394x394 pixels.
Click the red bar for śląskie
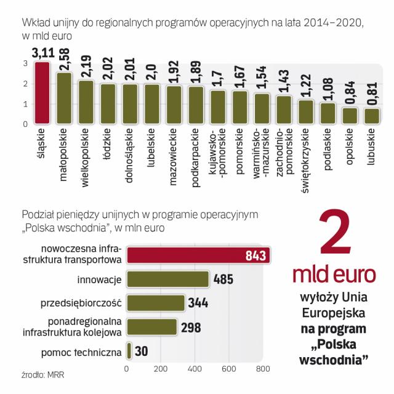(42, 92)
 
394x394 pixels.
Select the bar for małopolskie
(64, 98)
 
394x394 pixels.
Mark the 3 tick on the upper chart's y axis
(25, 63)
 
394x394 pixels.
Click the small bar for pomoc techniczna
(129, 350)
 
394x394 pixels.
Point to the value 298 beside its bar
(191, 327)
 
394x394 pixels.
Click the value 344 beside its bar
(198, 303)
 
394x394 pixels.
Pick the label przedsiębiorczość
(80, 303)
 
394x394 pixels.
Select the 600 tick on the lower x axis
(229, 369)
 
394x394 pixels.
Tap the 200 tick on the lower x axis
(161, 369)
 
